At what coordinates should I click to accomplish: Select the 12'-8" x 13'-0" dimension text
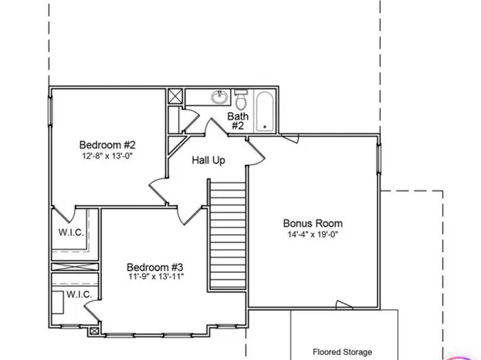[106, 157]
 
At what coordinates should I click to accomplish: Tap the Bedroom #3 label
[156, 266]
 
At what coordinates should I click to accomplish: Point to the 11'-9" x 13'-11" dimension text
[156, 278]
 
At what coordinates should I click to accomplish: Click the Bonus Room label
[312, 223]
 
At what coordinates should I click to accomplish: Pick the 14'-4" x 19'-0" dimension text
[312, 235]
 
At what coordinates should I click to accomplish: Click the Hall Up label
[208, 161]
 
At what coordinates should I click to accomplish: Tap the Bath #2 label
[237, 121]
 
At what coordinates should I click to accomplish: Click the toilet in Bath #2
[240, 99]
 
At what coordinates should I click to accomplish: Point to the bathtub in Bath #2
[263, 111]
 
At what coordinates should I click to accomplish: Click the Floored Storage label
[342, 352]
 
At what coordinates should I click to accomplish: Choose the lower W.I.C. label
[77, 295]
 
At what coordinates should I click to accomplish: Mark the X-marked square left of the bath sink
[175, 96]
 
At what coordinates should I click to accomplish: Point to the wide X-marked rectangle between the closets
[74, 266]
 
